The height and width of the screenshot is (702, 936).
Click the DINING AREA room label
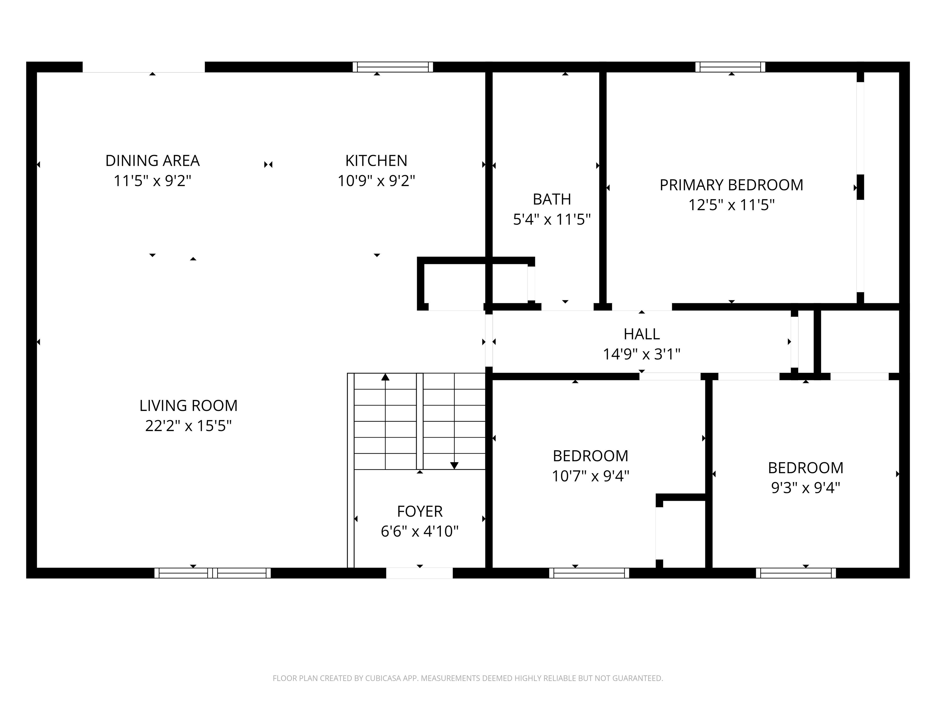[152, 161]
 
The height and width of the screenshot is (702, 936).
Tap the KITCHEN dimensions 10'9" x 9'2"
[376, 181]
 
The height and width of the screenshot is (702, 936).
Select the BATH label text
[552, 199]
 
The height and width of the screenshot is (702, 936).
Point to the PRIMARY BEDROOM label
[731, 185]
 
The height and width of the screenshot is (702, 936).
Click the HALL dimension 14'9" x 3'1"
[641, 354]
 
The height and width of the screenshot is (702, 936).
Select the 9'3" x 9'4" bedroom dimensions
[805, 488]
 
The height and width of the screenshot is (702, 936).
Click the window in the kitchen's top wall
[393, 67]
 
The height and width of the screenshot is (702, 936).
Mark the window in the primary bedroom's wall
[730, 67]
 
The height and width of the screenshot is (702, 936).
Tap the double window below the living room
[212, 573]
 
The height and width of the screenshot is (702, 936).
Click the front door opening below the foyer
[419, 573]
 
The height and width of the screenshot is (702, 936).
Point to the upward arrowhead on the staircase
[385, 377]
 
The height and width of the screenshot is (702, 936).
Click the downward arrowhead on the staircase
[454, 466]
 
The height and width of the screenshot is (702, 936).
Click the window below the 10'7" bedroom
[589, 573]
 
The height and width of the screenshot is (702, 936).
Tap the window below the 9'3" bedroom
[796, 573]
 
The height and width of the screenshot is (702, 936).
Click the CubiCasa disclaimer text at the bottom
[468, 678]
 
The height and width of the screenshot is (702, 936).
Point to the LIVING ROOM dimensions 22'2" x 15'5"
[188, 426]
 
